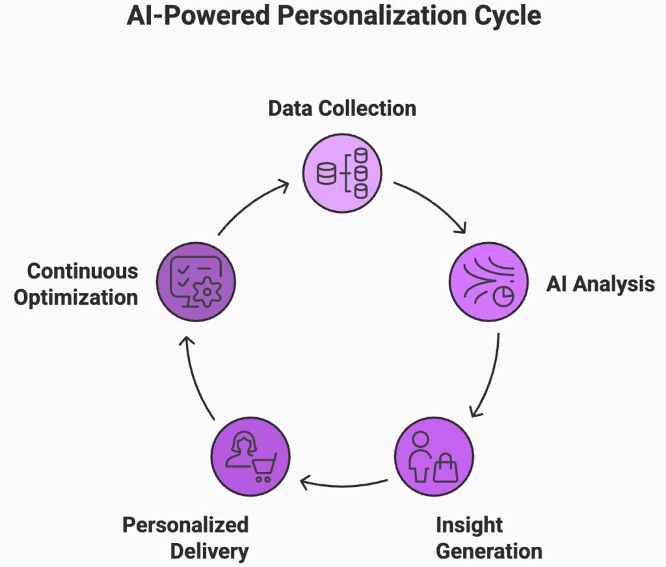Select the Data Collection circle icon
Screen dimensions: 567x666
coord(342,173)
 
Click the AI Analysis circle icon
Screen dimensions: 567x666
coord(488,283)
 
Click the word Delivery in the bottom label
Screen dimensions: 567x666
coord(209,551)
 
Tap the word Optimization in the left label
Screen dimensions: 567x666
coord(76,297)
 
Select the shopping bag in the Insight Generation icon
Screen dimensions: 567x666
coord(446,467)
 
